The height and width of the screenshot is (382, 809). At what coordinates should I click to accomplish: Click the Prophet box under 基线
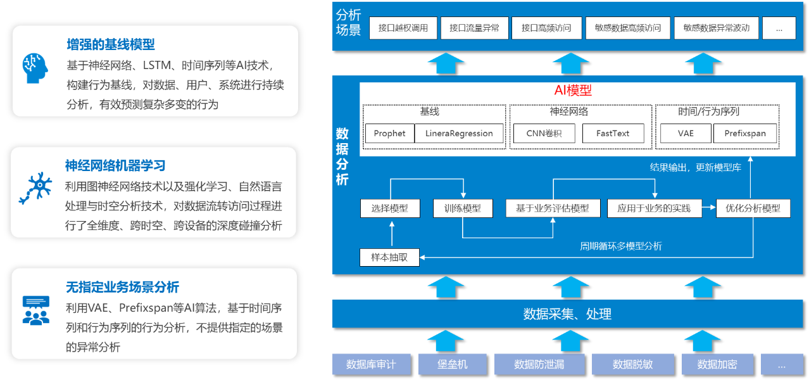[389, 133]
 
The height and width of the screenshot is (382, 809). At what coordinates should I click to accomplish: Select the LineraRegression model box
[459, 133]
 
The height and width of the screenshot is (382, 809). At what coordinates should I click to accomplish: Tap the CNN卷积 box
[544, 133]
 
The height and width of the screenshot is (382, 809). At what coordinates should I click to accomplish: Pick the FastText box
[612, 133]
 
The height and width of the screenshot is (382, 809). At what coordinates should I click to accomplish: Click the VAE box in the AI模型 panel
[686, 133]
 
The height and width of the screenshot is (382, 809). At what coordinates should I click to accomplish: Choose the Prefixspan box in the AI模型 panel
[745, 133]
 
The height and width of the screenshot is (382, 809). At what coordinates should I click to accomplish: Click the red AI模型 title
[573, 91]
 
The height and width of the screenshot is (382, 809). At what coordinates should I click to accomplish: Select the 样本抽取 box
[389, 257]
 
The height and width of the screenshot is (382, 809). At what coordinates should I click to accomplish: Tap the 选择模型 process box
[389, 208]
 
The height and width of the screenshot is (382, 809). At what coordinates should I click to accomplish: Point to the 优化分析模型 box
[753, 208]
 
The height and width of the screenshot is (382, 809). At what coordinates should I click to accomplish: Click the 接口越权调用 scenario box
[403, 28]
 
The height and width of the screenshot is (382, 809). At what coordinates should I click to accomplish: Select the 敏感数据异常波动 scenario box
[716, 28]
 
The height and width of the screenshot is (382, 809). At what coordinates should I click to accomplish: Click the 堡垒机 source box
[452, 364]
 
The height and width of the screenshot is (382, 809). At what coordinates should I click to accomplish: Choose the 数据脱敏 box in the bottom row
[632, 364]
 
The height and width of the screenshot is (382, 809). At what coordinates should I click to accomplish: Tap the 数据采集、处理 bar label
[567, 314]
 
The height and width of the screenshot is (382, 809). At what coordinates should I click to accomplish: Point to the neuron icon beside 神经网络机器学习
[35, 188]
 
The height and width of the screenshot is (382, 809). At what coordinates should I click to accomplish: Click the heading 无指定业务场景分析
[123, 287]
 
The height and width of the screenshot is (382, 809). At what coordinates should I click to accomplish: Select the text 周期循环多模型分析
[621, 246]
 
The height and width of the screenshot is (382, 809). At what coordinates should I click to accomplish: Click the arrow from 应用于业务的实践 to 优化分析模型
[709, 208]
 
